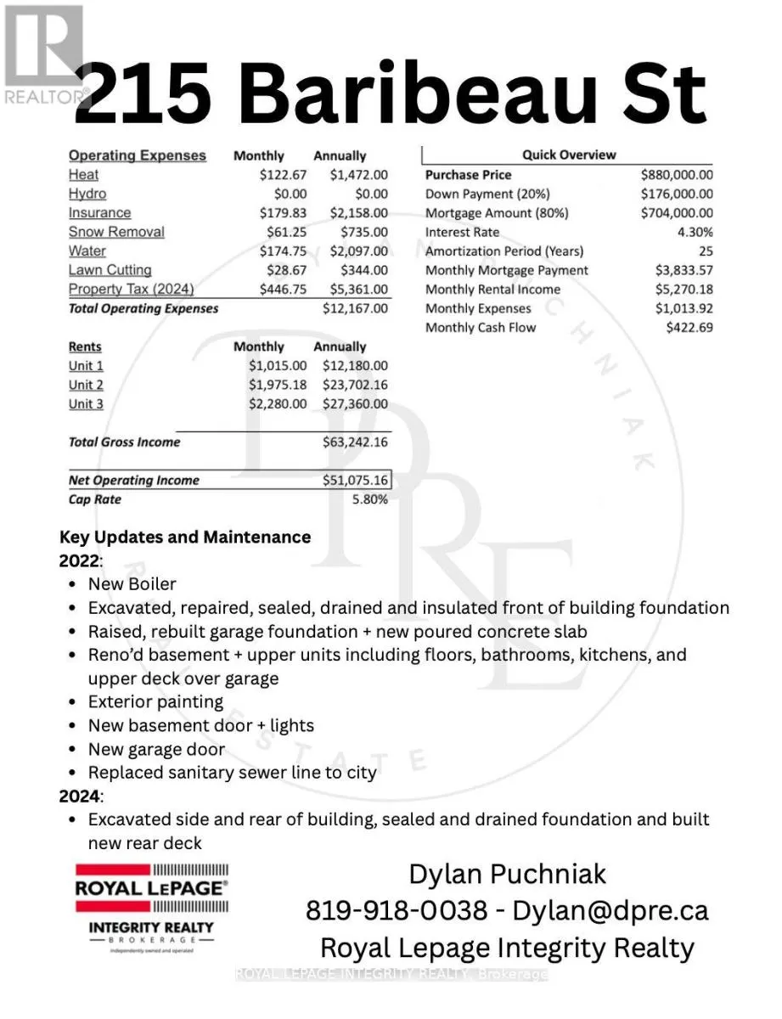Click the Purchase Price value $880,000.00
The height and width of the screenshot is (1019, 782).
pyautogui.click(x=677, y=175)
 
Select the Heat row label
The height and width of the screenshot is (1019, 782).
pyautogui.click(x=83, y=175)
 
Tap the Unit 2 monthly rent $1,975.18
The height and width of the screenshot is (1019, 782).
pyautogui.click(x=278, y=385)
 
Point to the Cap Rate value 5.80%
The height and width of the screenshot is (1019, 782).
pyautogui.click(x=369, y=499)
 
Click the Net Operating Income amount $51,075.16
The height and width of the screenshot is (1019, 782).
pyautogui.click(x=355, y=481)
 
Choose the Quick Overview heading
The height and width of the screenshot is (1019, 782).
pyautogui.click(x=569, y=155)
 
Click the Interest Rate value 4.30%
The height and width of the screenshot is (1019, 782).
pyautogui.click(x=695, y=232)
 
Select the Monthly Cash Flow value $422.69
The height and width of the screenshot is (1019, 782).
pyautogui.click(x=689, y=328)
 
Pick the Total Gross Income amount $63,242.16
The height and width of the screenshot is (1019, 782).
pyautogui.click(x=355, y=442)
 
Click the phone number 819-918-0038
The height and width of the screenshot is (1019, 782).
pyautogui.click(x=397, y=910)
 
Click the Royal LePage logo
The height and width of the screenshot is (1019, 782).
pyautogui.click(x=151, y=907)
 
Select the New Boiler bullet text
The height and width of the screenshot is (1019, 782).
pyautogui.click(x=132, y=584)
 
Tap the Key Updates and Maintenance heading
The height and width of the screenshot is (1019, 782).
pyautogui.click(x=185, y=538)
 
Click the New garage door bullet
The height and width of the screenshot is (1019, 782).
pyautogui.click(x=157, y=749)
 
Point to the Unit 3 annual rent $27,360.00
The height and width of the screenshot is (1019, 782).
pyautogui.click(x=355, y=404)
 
